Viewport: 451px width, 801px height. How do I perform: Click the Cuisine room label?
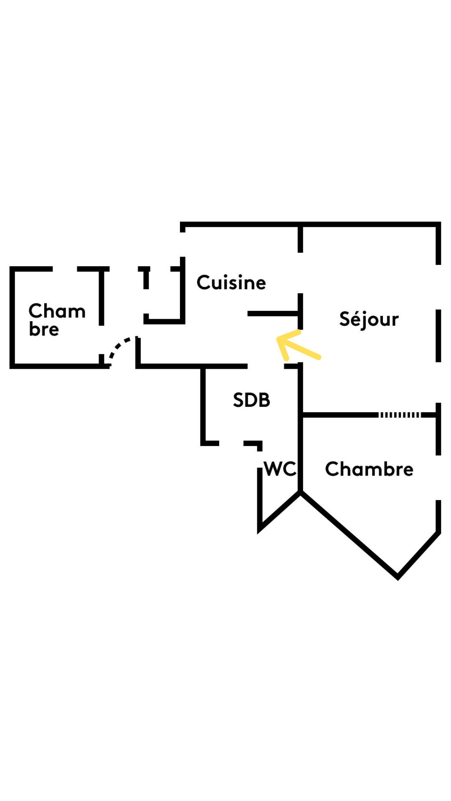tap(231, 283)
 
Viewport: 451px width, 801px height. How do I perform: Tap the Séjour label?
tap(369, 320)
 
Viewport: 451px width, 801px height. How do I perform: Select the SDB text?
tap(251, 400)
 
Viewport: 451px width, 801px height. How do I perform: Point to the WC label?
tap(280, 469)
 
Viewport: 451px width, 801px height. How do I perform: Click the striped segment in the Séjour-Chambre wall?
tap(399, 415)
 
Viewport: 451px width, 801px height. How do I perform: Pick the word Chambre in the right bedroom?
tap(369, 469)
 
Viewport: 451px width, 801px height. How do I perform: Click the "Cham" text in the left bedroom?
tap(57, 311)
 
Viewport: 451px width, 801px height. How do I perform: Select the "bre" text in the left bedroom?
tap(44, 330)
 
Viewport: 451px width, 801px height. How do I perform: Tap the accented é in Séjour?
tap(355, 319)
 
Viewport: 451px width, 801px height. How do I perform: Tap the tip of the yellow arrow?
tap(278, 339)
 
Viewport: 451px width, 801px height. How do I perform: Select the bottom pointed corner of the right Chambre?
tap(398, 577)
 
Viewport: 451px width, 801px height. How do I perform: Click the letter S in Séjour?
tap(345, 319)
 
